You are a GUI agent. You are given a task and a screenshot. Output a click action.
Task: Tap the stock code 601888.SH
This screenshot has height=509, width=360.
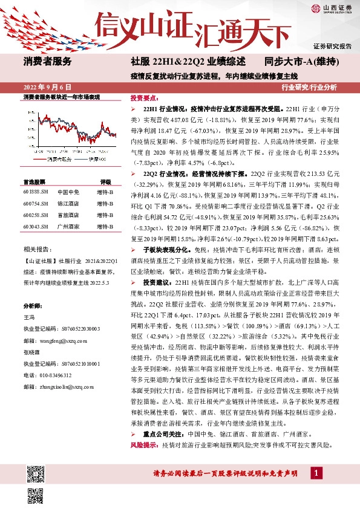(36, 192)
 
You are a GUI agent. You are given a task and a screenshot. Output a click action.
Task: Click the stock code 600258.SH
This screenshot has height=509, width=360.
(36, 213)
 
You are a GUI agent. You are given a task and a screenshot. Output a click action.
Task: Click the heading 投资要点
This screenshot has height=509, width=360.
(144, 97)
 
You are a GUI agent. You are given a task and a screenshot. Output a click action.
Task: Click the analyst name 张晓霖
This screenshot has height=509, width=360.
(32, 352)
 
